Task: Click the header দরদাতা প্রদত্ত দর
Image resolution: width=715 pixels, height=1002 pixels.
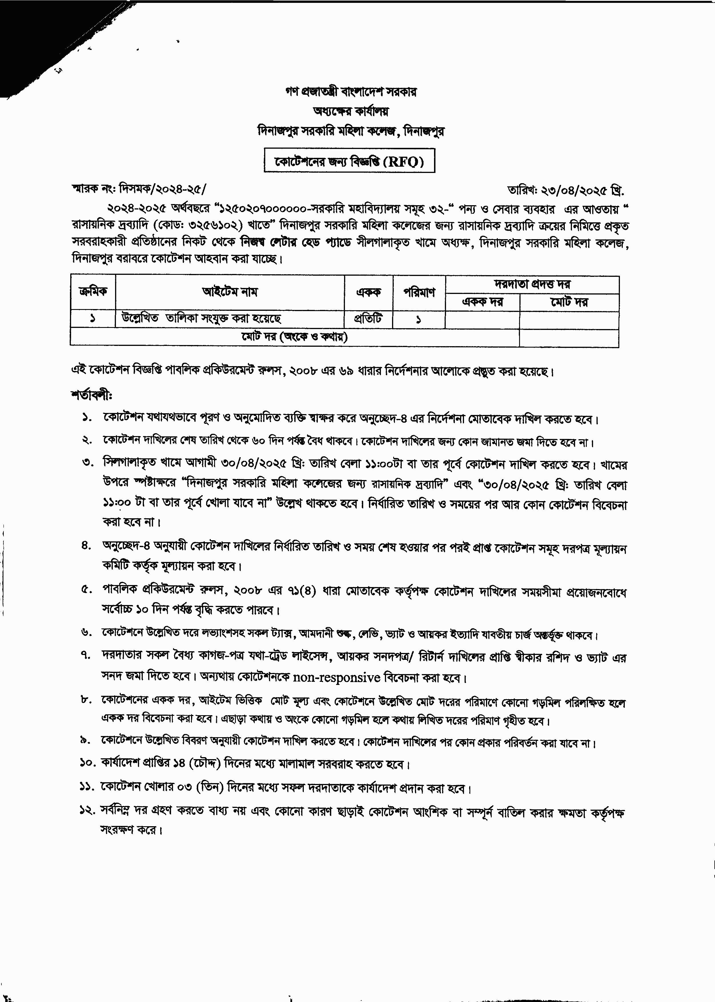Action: pyautogui.click(x=532, y=284)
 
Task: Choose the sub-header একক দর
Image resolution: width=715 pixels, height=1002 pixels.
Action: pyautogui.click(x=483, y=302)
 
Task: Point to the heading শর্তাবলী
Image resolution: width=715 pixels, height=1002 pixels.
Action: pyautogui.click(x=92, y=395)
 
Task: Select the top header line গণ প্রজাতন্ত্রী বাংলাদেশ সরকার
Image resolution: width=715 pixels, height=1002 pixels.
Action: pyautogui.click(x=350, y=92)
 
